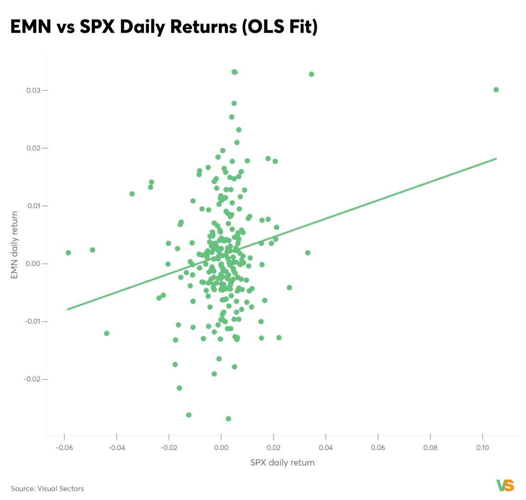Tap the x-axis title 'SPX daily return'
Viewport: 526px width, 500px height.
pyautogui.click(x=282, y=463)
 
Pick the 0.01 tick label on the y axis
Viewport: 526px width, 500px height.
pyautogui.click(x=33, y=206)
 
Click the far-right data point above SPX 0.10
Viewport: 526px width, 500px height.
pyautogui.click(x=496, y=90)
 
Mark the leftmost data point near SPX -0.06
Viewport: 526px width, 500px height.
pyautogui.click(x=68, y=253)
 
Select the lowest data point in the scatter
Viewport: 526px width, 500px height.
pyautogui.click(x=229, y=419)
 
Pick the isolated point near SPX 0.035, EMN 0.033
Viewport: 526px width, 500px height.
pyautogui.click(x=311, y=74)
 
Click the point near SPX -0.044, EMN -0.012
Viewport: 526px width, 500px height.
pyautogui.click(x=107, y=333)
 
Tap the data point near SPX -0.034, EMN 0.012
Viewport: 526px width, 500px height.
pyautogui.click(x=132, y=194)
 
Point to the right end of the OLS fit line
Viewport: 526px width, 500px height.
pyautogui.click(x=496, y=159)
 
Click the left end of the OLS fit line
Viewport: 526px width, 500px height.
pyautogui.click(x=68, y=309)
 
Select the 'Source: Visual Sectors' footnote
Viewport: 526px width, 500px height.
pyautogui.click(x=47, y=489)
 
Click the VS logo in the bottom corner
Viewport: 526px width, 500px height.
pyautogui.click(x=505, y=486)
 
